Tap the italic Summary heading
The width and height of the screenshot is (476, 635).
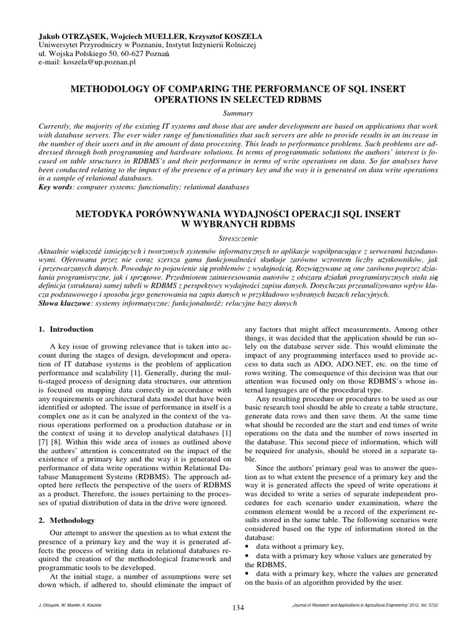237,113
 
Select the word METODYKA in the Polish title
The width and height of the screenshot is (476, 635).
105,213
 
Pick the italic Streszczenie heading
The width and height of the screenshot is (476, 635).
237,237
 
